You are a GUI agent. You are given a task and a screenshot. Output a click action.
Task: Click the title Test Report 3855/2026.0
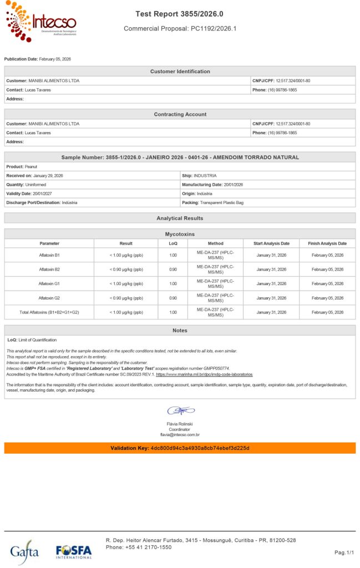point(180,13)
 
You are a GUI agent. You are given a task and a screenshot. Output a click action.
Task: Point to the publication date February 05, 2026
point(55,59)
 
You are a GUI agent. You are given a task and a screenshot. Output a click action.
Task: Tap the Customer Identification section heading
point(180,72)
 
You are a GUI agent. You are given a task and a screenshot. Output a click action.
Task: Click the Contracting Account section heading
point(180,114)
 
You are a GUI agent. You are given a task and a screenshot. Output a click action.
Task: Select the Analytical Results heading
point(180,219)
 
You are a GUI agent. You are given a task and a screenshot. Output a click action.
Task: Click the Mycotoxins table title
point(180,235)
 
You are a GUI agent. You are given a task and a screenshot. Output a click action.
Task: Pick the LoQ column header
point(173,244)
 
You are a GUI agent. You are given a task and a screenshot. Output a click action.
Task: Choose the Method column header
point(216,244)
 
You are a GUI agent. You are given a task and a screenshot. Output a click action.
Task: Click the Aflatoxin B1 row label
point(49,255)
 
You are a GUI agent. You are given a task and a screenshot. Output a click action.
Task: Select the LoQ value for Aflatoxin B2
point(173,270)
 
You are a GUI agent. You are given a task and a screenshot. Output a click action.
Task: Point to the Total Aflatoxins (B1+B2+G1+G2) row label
point(49,312)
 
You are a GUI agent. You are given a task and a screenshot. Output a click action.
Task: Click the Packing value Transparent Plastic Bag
point(222,202)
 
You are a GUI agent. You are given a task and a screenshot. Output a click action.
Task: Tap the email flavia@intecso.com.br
point(180,435)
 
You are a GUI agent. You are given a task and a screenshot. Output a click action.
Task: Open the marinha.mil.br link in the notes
point(205,374)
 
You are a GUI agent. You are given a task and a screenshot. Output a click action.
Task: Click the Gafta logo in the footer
point(24,552)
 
